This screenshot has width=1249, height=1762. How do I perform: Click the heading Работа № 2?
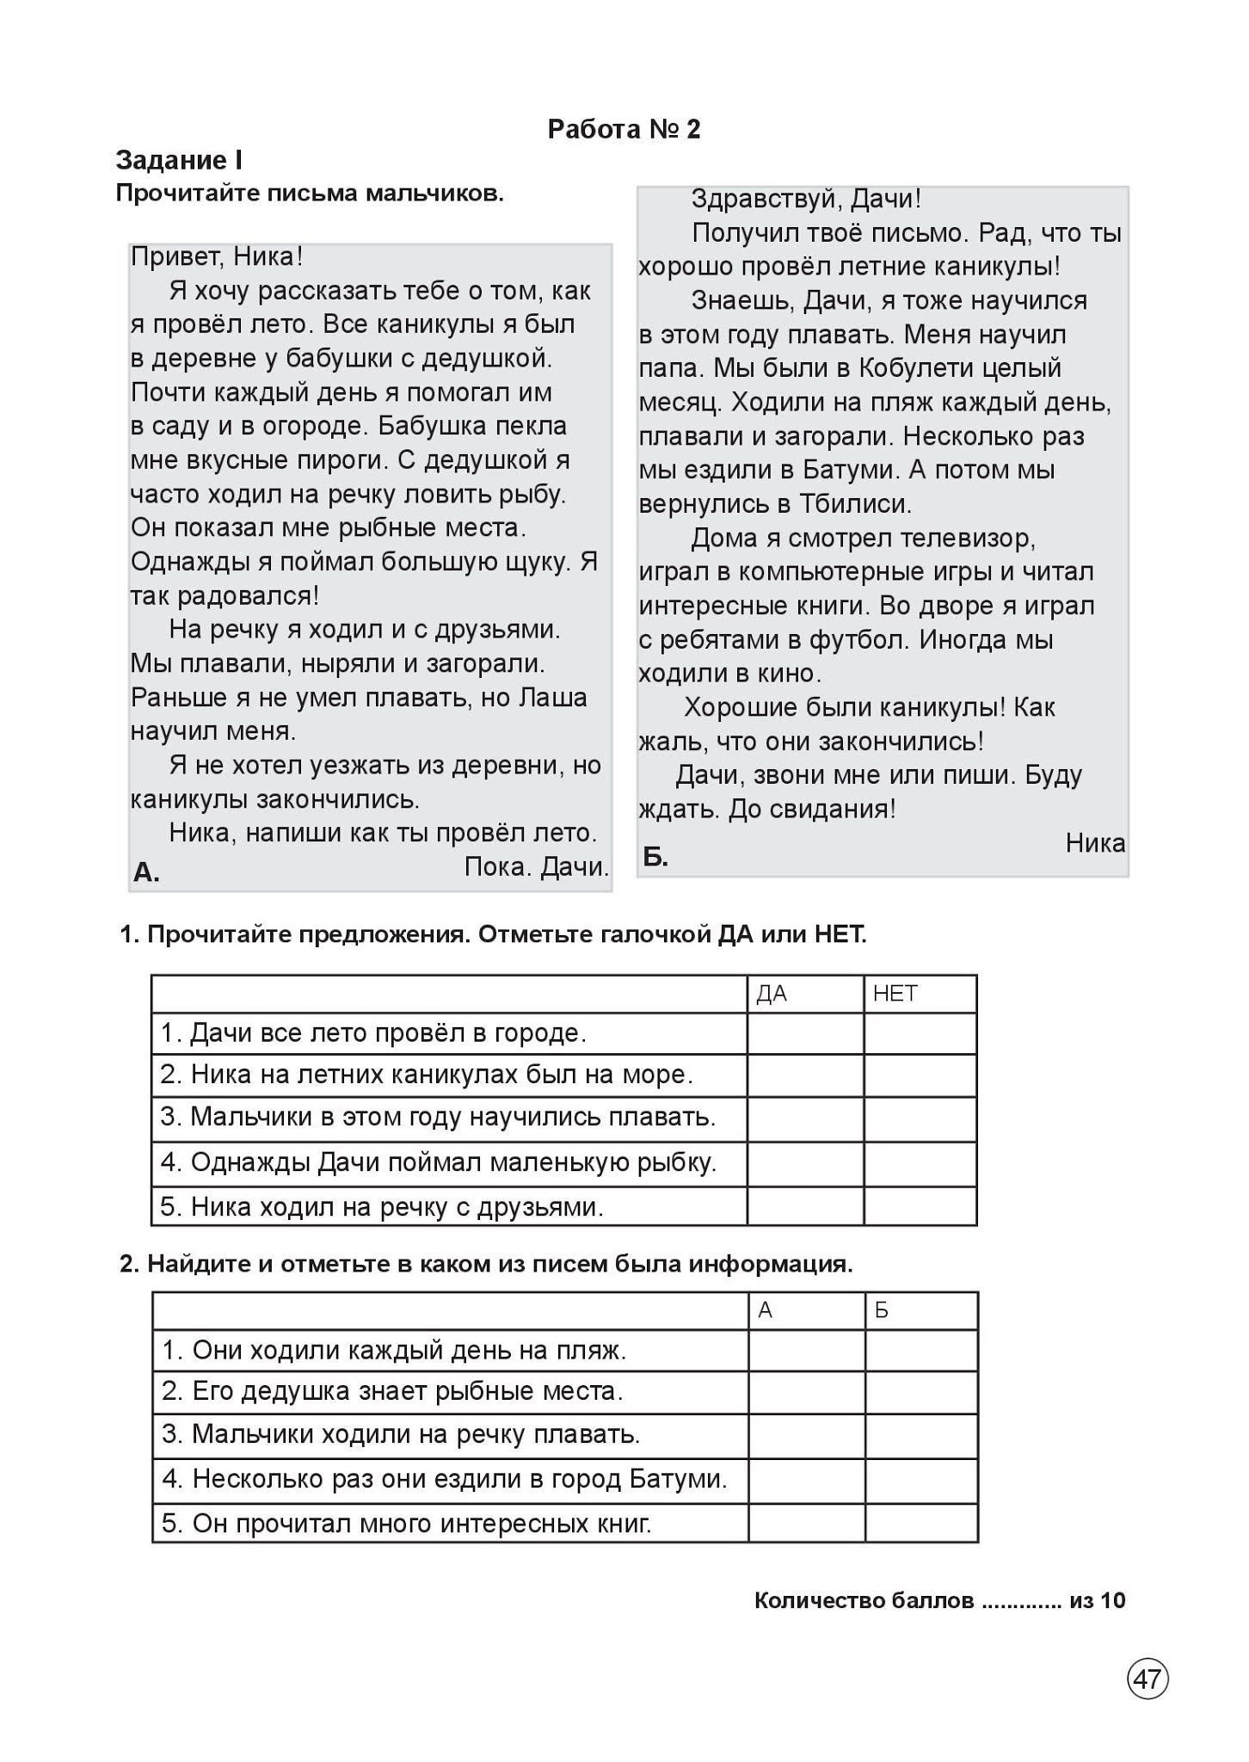624,129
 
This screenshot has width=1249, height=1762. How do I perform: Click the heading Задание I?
179,160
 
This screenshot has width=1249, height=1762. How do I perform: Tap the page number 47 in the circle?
1147,1679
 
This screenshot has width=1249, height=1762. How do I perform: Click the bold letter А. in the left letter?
146,872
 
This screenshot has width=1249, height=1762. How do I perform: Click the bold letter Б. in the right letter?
655,857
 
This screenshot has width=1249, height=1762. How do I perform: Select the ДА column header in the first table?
772,995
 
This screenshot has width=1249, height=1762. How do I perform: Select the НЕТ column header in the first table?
895,995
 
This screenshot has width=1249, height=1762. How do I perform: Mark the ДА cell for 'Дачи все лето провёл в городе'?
804,1033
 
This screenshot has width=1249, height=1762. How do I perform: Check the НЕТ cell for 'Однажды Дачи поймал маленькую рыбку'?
920,1163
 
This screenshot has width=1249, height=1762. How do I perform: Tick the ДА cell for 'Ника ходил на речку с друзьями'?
804,1206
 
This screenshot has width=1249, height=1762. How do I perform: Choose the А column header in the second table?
766,1310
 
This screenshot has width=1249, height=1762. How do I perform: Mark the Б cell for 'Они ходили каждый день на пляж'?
921,1350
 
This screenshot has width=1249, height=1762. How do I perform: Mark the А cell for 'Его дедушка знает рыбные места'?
806,1391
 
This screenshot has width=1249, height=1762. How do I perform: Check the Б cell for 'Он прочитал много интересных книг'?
921,1523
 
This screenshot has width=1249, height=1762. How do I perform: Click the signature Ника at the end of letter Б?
1094,843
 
